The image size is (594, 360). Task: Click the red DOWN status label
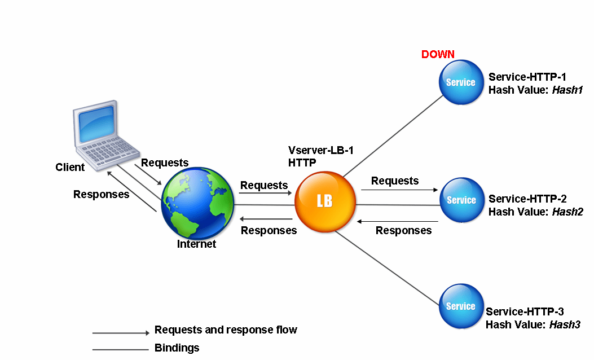pos(438,55)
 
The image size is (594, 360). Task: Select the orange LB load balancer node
pos(325,201)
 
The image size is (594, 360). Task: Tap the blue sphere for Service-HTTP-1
pos(461,82)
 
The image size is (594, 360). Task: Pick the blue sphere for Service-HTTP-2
pos(461,200)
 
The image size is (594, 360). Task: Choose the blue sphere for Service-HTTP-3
pos(461,306)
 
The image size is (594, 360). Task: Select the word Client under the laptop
pos(70,167)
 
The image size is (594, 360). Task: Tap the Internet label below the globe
pos(196,244)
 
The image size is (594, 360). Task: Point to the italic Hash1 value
pos(567,90)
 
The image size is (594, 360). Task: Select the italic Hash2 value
pos(567,212)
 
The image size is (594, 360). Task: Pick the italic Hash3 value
pos(564,324)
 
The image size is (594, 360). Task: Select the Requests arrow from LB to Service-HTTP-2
pos(399,190)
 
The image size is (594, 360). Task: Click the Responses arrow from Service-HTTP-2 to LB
pos(398,221)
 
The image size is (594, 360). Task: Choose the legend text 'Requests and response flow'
pos(226,330)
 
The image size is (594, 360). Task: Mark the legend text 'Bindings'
pos(177,348)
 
